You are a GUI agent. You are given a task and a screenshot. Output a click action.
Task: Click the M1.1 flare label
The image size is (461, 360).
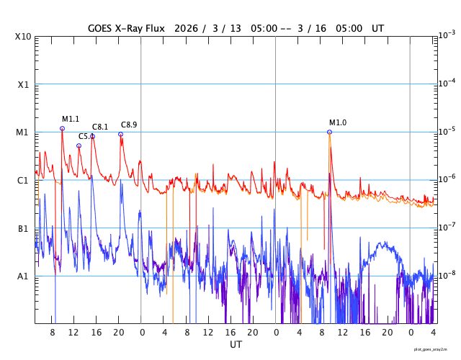pos(71,119)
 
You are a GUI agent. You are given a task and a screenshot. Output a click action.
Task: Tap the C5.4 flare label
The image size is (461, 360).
pos(86,136)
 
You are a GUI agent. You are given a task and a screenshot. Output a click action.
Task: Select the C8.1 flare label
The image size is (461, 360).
pos(100,127)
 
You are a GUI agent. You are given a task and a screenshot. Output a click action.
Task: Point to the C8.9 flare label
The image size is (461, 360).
pos(129,125)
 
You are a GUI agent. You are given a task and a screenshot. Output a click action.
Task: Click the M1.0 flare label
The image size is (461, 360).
pos(338,122)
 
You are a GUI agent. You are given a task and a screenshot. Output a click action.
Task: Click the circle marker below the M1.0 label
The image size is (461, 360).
pos(329,132)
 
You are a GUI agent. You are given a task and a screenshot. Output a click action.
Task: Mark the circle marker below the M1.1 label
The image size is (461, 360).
pos(62,128)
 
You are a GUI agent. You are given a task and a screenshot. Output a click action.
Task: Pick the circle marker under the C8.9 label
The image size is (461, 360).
pos(120,134)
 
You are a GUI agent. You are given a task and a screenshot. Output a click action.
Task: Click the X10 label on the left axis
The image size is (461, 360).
pos(24,37)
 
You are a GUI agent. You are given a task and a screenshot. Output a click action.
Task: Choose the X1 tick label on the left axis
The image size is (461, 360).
pos(24,84)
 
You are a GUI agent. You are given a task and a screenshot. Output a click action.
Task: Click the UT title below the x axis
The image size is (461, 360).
pos(236,345)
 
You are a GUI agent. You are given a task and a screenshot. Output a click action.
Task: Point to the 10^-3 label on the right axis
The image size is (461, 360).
pos(447,35)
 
